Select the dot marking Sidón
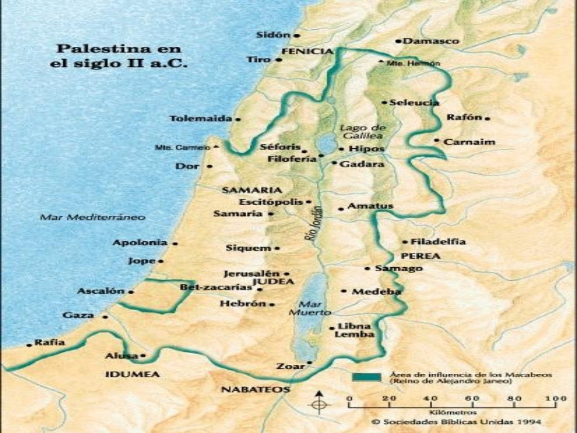coord(298,35)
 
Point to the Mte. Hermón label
coord(413,63)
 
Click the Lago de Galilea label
coord(362,131)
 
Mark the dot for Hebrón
coord(272,304)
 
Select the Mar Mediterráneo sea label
coord(92,217)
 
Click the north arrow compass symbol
coord(319,402)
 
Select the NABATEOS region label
coord(255,390)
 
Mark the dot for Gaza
coord(105,317)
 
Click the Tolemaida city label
coord(201,119)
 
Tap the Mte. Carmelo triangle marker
coord(217,147)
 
